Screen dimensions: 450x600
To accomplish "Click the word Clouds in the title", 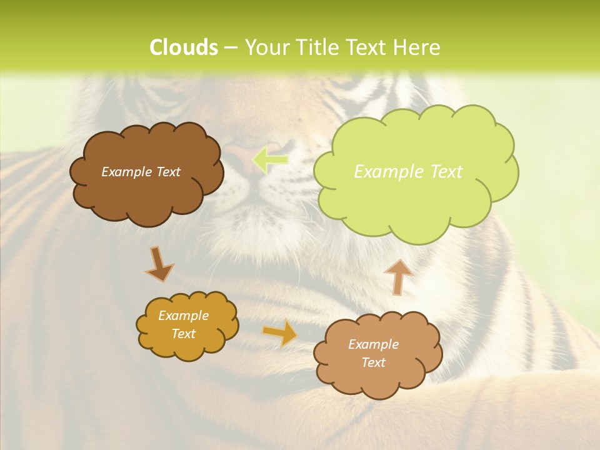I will [183, 47].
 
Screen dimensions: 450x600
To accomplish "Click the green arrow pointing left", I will [271, 159].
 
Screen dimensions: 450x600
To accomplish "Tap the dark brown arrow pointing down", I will [159, 264].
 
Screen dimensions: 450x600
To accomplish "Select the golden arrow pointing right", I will [279, 333].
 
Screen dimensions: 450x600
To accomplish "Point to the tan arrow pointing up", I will [397, 277].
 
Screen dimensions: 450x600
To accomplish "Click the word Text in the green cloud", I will [446, 172].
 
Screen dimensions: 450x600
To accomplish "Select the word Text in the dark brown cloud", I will [168, 172].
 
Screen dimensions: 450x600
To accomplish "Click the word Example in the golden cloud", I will [183, 316].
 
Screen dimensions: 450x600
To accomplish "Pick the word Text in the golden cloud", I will [183, 334].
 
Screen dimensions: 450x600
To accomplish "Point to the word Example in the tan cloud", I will [373, 344].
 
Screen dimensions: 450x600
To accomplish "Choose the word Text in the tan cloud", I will [373, 362].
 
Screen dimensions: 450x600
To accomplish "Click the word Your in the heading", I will [266, 47].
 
